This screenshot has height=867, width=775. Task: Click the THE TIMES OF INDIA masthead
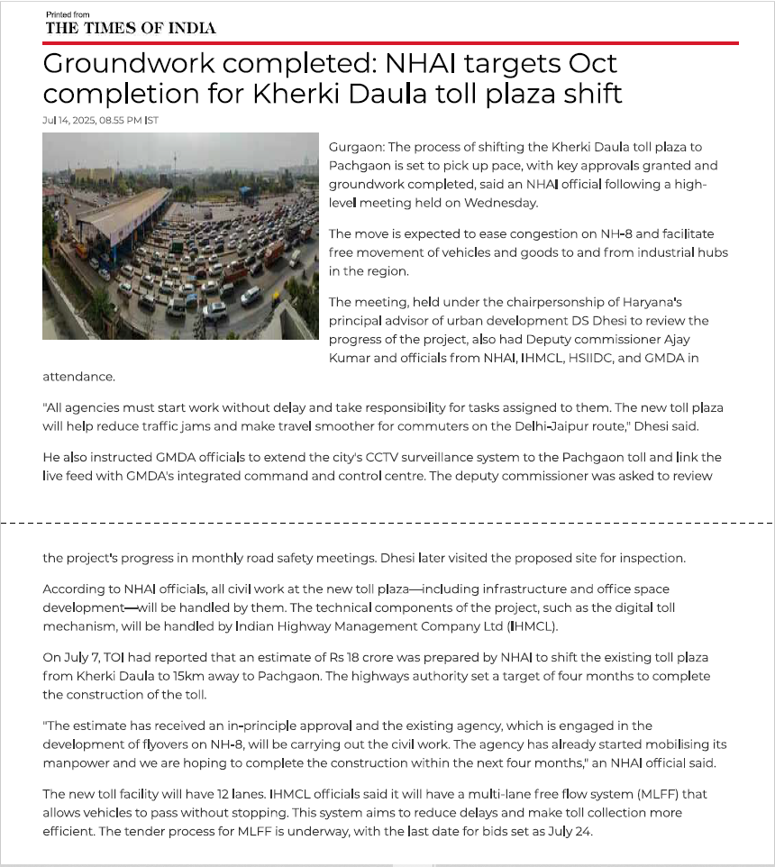(x=131, y=28)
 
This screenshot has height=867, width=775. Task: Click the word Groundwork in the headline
(x=118, y=65)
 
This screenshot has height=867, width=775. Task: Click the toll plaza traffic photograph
(x=180, y=236)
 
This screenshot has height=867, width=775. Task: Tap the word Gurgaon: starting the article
(x=356, y=147)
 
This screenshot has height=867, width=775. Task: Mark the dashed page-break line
(x=387, y=522)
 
